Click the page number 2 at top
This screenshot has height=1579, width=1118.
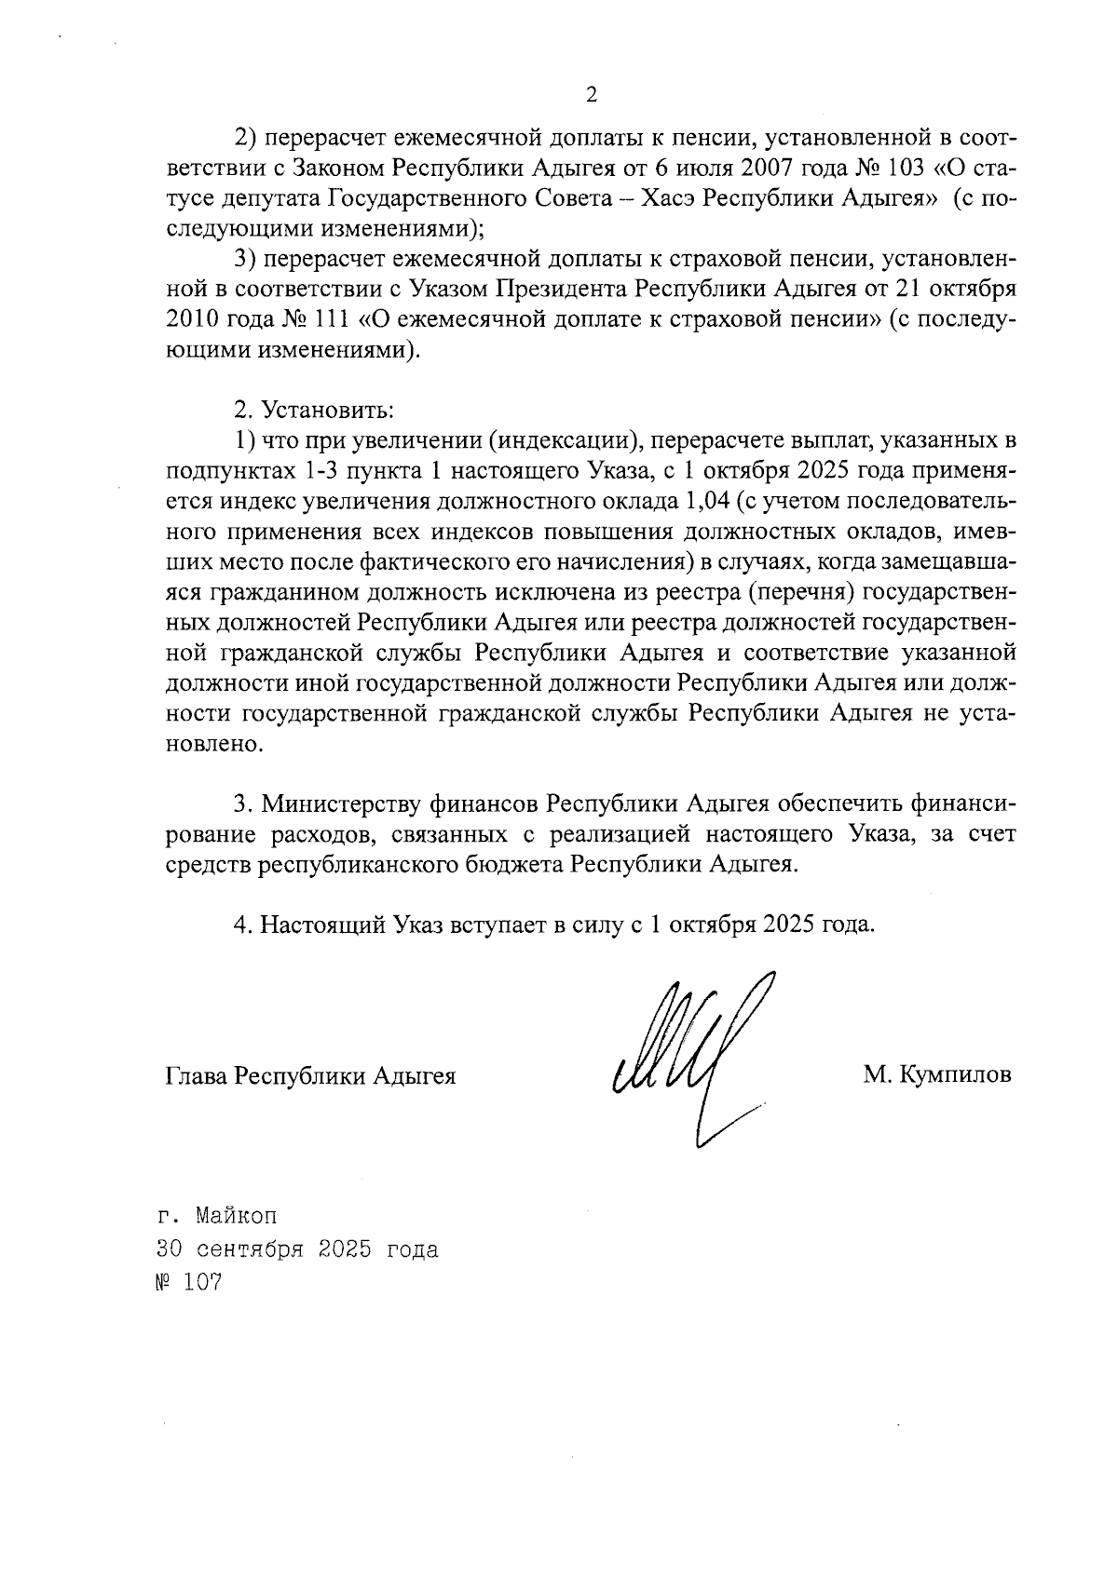[590, 95]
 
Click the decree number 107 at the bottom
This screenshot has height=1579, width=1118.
[204, 1283]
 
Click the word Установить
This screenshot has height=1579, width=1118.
[327, 410]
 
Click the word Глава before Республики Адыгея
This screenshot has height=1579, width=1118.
[196, 1076]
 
